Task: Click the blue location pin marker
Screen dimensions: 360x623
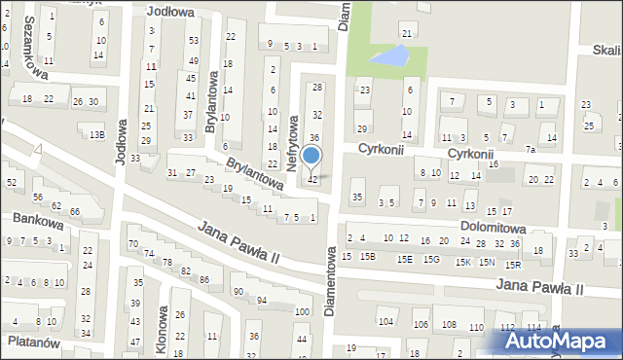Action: pos(311,157)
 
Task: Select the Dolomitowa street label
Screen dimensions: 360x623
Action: pos(494,229)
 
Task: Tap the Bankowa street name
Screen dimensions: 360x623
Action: pos(37,221)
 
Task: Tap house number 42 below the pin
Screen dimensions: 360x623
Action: pos(312,180)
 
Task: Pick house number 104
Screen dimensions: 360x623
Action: pos(386,321)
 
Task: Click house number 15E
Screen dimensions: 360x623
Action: pos(404,259)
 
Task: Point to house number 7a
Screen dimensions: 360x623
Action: pos(530,150)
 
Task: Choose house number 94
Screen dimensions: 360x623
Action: pos(262,300)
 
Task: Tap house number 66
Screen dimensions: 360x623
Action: pos(74,211)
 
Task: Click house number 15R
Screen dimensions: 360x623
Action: pos(512,264)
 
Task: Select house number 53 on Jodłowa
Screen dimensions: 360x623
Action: pos(193,40)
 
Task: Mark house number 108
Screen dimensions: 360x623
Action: pos(449,325)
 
